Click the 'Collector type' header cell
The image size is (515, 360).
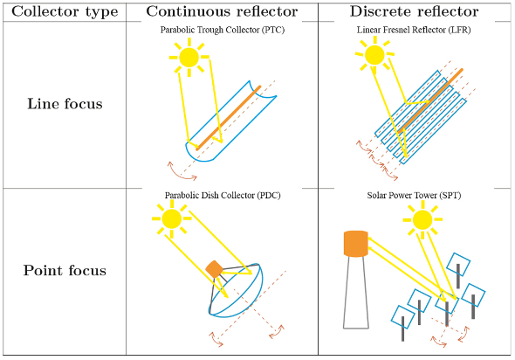pos(65,12)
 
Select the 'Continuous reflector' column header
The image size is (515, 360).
pos(222,11)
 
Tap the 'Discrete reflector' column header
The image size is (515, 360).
pos(414,11)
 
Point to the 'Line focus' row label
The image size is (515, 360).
pos(65,104)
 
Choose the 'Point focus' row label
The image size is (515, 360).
pos(65,271)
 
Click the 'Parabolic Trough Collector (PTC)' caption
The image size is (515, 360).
pos(223,30)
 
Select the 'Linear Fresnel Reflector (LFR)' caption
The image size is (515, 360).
pos(414,30)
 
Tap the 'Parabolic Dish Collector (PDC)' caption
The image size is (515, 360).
pos(223,195)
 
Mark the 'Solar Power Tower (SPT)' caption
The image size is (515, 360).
pos(414,195)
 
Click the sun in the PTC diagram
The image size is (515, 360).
pos(189,57)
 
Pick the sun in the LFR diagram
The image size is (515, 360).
pos(374,54)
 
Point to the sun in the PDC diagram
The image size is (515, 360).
pos(171,218)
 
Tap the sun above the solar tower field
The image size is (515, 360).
pos(422,219)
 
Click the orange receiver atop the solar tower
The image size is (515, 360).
pos(356,244)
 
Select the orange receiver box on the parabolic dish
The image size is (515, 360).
pos(214,269)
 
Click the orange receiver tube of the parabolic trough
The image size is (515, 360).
pos(229,118)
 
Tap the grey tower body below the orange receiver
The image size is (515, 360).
pos(356,292)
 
